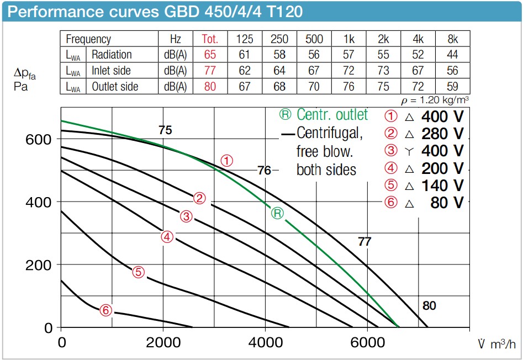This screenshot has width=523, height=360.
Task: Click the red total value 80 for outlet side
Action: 210,87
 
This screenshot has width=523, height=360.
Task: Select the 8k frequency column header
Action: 452,39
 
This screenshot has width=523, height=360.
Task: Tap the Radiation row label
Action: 112,55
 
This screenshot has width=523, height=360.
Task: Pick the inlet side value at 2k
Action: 383,71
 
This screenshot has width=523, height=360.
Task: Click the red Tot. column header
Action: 210,39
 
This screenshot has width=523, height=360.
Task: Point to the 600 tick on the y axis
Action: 39,139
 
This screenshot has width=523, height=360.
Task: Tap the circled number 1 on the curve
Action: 227,161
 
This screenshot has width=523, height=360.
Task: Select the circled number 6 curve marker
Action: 106,310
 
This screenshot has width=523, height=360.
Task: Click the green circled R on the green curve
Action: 278,213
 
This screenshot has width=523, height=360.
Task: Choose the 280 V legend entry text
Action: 442,134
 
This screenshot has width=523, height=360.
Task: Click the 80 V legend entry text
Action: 447,203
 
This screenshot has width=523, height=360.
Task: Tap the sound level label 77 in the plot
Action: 364,241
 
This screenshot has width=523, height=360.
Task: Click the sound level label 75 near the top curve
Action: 165,130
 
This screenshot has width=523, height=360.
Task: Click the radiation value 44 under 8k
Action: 452,55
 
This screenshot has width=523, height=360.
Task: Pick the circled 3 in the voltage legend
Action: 391,151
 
